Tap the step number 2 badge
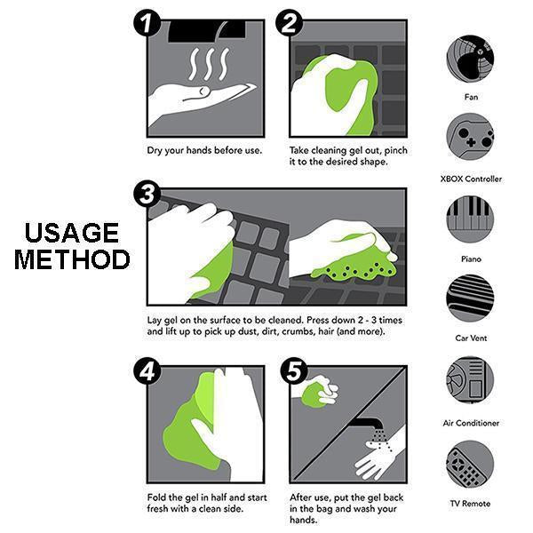tap(290, 24)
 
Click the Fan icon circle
tap(470, 58)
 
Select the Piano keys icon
tap(470, 219)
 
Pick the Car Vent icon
tap(470, 299)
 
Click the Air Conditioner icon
tap(470, 380)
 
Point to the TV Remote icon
tap(470, 464)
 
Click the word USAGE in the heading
tap(71, 234)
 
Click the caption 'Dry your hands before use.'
tap(204, 150)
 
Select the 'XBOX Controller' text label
tap(471, 179)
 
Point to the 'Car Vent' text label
tap(471, 338)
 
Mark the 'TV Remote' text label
tap(471, 504)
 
